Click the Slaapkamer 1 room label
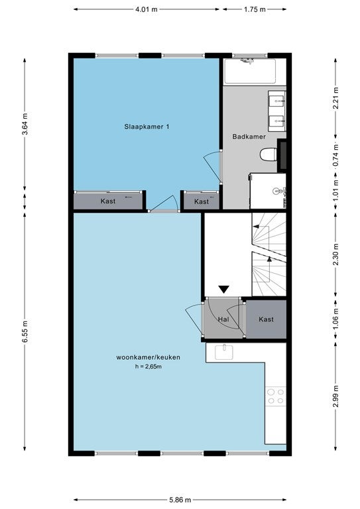pos(147,127)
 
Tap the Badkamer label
pos(249,137)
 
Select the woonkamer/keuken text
pos(148,357)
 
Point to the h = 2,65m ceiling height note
pos(149,367)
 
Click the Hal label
pos(223,319)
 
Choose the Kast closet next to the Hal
pos(266,319)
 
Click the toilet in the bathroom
pos(269,154)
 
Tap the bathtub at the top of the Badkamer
pos(250,71)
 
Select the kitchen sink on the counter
pos(224,352)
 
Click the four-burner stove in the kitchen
pos(276,396)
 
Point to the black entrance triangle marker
pos(223,289)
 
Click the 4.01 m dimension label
pos(147,9)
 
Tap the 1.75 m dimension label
pos(255,9)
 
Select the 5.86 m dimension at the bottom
pos(180,500)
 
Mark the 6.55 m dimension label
pos(25,331)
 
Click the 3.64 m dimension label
pos(25,124)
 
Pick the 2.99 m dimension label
pos(336,396)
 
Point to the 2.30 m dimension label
pos(336,254)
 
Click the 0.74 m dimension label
pos(336,156)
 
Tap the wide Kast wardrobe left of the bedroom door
pos(108,201)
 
